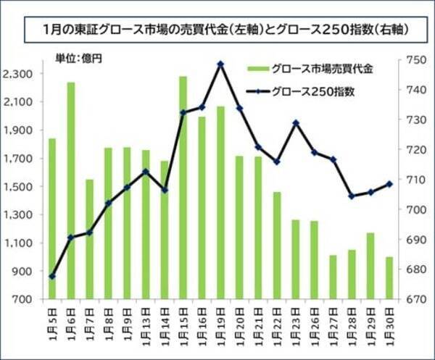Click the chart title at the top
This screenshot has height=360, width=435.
click(217, 31)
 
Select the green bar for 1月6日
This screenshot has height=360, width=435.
click(71, 190)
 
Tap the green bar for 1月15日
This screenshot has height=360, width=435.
click(183, 187)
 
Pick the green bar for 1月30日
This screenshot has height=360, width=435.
click(389, 277)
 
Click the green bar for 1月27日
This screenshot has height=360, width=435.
click(333, 277)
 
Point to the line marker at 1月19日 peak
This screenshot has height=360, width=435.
click(220, 64)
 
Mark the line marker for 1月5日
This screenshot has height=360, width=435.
click(52, 276)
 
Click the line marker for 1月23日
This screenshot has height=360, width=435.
click(295, 123)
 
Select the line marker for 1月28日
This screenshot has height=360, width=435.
click(352, 196)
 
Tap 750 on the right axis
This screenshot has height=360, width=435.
click(410, 60)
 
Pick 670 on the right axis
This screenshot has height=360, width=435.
click(410, 299)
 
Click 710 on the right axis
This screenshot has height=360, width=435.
click(410, 180)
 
